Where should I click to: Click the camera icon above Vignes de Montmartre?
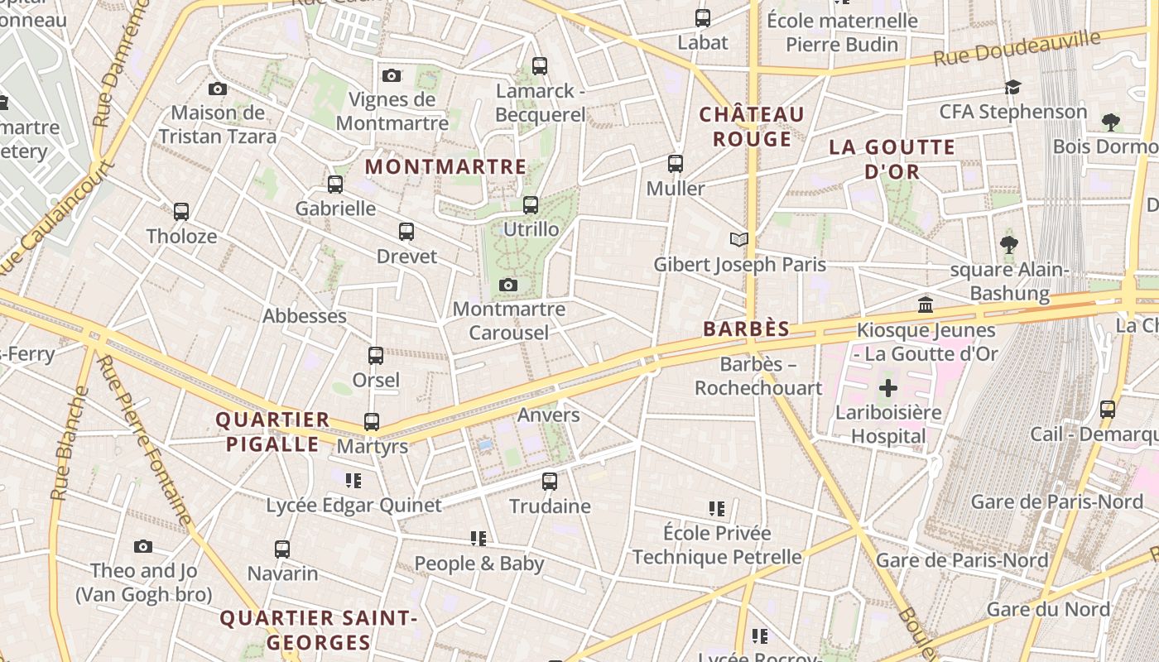392,75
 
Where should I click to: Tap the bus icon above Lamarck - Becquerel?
540,65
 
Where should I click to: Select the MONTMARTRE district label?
445,166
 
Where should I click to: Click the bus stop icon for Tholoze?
181,211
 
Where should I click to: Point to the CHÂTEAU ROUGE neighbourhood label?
752,127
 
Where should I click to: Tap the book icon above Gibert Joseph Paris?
738,240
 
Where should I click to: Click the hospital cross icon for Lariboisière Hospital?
887,387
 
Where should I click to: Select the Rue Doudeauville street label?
1017,48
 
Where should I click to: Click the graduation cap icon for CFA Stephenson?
1012,87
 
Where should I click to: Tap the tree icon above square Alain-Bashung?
1008,244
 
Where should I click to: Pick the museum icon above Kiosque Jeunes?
926,305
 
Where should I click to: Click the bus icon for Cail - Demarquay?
1107,409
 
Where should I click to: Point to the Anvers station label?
548,415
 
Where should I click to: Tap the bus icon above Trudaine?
549,481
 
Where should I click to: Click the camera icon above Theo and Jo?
143,546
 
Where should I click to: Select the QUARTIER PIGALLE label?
272,432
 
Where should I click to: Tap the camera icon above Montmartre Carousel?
508,285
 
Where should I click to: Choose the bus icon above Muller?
676,163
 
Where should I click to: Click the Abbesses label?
305,316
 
